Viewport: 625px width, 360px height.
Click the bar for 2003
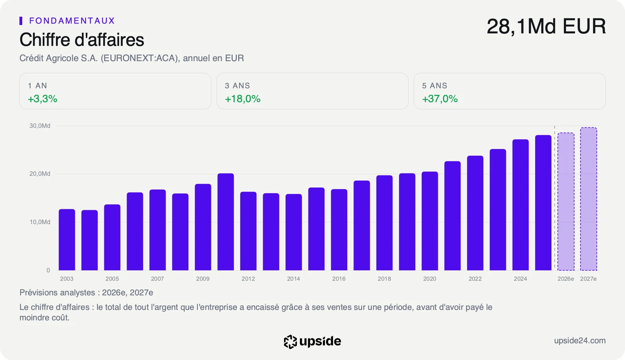tap(67, 240)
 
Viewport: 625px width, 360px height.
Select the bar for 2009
tap(203, 227)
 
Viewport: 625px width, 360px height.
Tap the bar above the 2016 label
tap(339, 229)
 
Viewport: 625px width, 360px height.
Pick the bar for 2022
tap(475, 213)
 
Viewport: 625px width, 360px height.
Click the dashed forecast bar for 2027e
tap(588, 199)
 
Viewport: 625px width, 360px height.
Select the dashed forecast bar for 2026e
tap(566, 201)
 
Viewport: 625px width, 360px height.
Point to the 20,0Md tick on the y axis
tap(40, 174)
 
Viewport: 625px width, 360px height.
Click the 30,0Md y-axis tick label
tap(40, 126)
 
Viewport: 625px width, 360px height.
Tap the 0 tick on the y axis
tap(48, 270)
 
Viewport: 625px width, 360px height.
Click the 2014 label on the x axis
tap(293, 279)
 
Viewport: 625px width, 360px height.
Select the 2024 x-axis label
tap(520, 279)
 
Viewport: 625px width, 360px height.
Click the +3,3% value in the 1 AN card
tap(43, 99)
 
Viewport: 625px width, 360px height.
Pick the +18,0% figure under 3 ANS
tap(243, 99)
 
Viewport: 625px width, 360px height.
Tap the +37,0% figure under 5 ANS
tap(440, 99)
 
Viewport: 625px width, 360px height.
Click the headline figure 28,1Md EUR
tap(546, 27)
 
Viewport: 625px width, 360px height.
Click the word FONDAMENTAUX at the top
tap(72, 21)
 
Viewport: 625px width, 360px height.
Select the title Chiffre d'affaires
tap(82, 39)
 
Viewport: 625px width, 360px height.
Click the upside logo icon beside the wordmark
tap(290, 342)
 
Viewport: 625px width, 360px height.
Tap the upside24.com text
tap(580, 341)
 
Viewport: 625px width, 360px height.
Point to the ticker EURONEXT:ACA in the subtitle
tap(139, 58)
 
